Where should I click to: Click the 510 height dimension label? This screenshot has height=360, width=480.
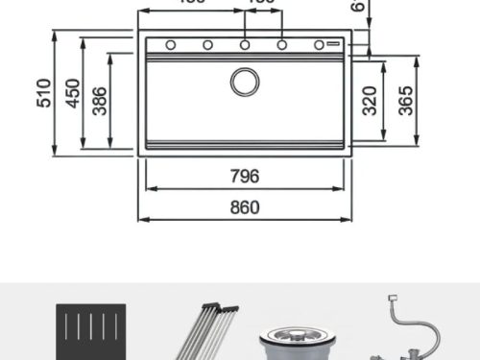43,93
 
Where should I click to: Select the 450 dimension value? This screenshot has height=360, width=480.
72,94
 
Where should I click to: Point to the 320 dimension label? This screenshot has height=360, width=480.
370,100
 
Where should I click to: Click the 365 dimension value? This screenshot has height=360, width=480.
404,100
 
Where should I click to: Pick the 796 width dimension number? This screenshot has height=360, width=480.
246,177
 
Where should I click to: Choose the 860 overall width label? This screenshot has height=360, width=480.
246,206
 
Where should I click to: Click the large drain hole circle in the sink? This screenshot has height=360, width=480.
245,81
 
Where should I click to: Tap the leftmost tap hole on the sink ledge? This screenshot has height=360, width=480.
170,44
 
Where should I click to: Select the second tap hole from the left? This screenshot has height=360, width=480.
207,44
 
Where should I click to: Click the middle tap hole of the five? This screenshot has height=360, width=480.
245,44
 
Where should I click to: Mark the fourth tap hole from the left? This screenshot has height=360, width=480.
282,44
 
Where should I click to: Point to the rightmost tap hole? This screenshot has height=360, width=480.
319,44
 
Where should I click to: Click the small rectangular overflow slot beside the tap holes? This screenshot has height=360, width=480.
336,44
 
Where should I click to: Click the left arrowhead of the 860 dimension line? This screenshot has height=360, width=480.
141,219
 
